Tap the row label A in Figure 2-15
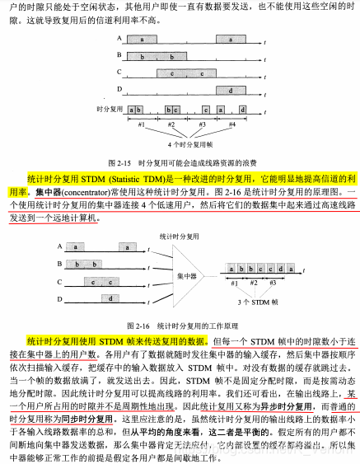pyautogui.click(x=119, y=39)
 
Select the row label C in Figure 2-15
pyautogui.click(x=119, y=73)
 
